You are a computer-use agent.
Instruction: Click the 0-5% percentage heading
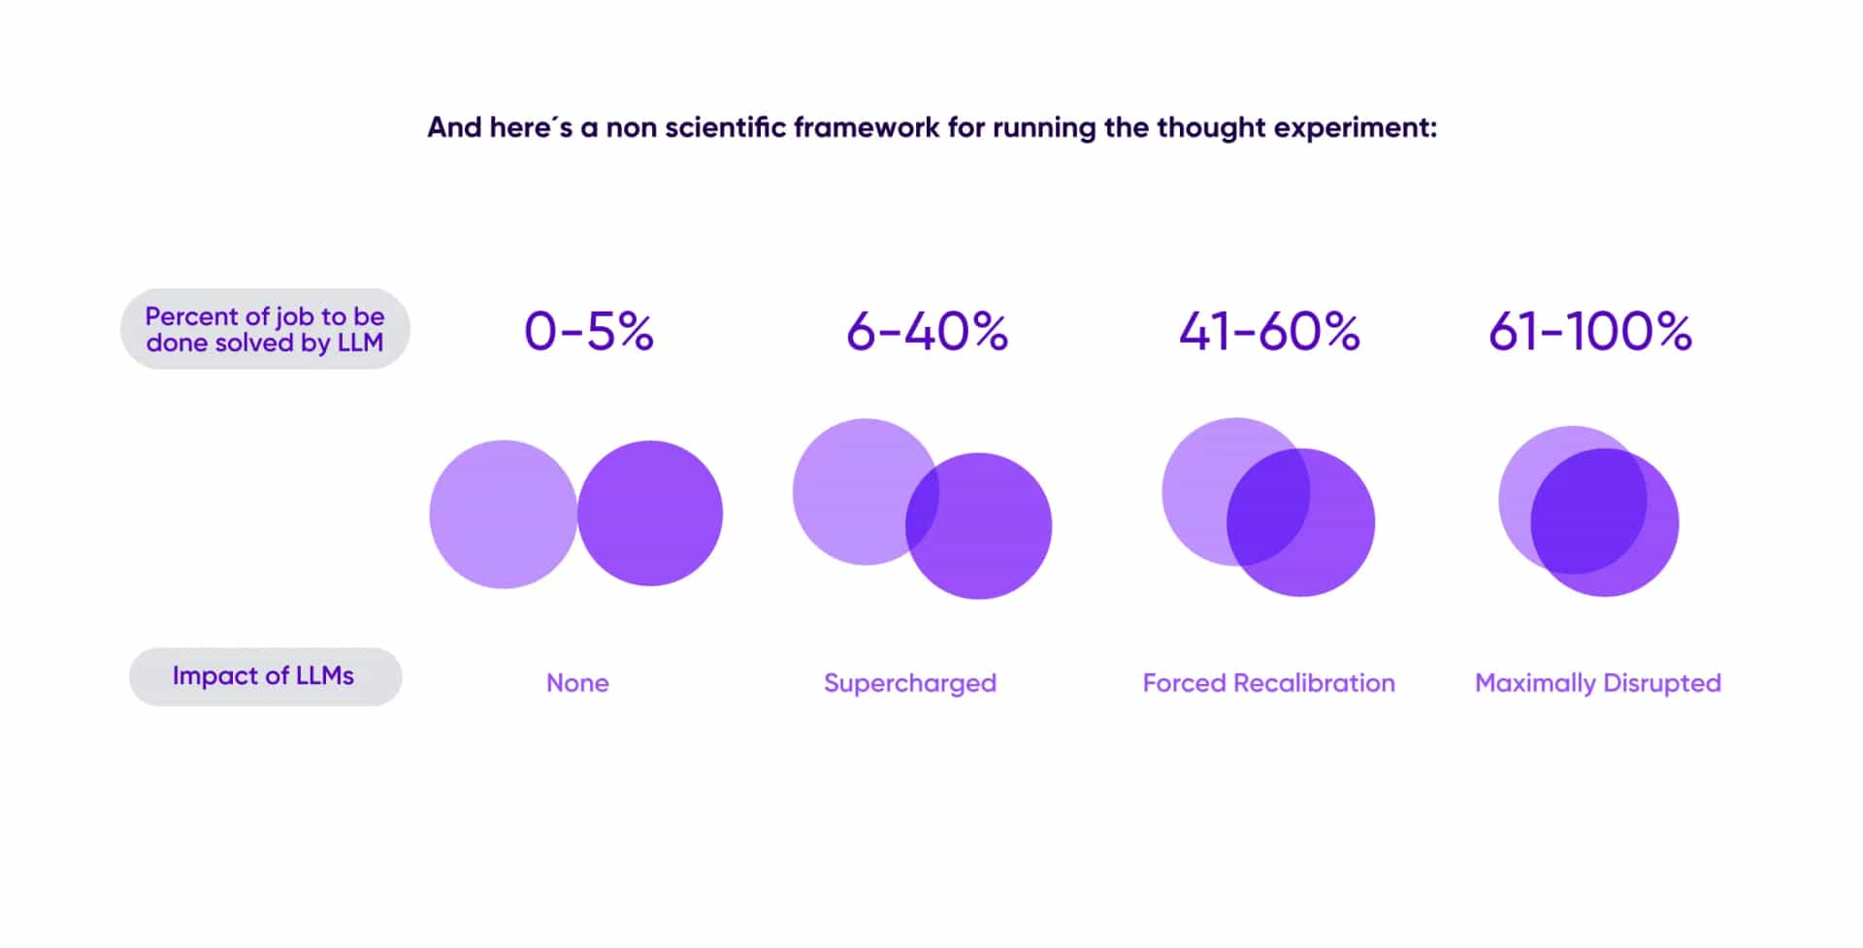pos(589,331)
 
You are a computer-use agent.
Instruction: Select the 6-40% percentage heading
pos(927,331)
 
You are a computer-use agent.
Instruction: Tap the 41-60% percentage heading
pos(1269,331)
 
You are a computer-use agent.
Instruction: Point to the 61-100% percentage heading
pos(1590,331)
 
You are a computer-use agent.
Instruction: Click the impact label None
pos(577,683)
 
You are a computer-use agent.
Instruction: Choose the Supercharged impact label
pos(910,683)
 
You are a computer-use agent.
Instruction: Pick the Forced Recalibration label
pos(1268,683)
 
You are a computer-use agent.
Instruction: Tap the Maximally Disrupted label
pos(1598,683)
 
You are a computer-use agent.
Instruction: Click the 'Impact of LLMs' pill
pos(265,676)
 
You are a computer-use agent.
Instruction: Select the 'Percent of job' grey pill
pos(265,329)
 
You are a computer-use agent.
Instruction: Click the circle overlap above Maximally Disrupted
pos(1588,511)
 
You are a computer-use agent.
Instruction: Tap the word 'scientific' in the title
pos(725,127)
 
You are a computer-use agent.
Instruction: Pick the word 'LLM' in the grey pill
pos(360,343)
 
